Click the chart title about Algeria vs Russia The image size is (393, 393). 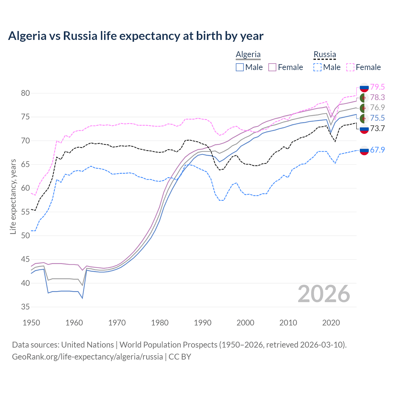pos(135,36)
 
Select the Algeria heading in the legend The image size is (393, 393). pos(248,54)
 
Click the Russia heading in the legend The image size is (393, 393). pos(325,54)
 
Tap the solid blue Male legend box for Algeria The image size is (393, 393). pos(240,67)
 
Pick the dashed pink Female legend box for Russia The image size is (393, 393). pos(350,67)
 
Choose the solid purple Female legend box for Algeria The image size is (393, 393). pos(272,67)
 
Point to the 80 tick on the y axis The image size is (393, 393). pos(25,93)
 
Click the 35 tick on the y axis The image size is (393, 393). pos(25,307)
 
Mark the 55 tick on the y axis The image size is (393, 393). pos(25,212)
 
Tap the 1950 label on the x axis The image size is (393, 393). pos(31,323)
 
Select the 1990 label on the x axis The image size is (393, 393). pos(203,323)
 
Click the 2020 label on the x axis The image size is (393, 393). pos(331,323)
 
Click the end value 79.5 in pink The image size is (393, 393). pos(377,87)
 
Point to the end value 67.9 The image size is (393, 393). pos(377,150)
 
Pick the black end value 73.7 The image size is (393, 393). pos(377,129)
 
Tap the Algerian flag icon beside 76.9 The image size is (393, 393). pos(364,108)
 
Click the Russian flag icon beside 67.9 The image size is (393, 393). pos(364,150)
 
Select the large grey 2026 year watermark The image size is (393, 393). pos(324,294)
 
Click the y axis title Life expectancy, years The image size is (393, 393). pos(13,196)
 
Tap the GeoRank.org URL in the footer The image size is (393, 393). pos(88,357)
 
